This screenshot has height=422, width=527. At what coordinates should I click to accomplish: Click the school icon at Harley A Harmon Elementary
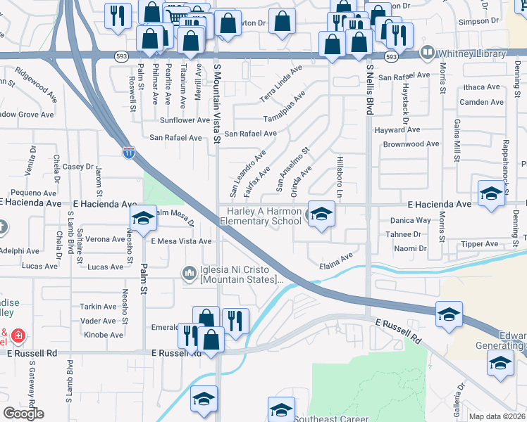(321, 214)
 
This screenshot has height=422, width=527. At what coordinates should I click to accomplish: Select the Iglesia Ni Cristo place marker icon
(189, 272)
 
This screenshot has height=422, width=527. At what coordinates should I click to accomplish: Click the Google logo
(23, 414)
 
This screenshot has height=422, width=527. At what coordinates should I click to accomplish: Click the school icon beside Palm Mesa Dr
(142, 219)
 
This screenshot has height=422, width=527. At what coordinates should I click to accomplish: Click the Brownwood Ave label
(411, 144)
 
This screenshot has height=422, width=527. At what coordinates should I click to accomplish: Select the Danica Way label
(410, 220)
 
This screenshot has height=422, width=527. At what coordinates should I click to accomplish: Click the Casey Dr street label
(78, 167)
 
